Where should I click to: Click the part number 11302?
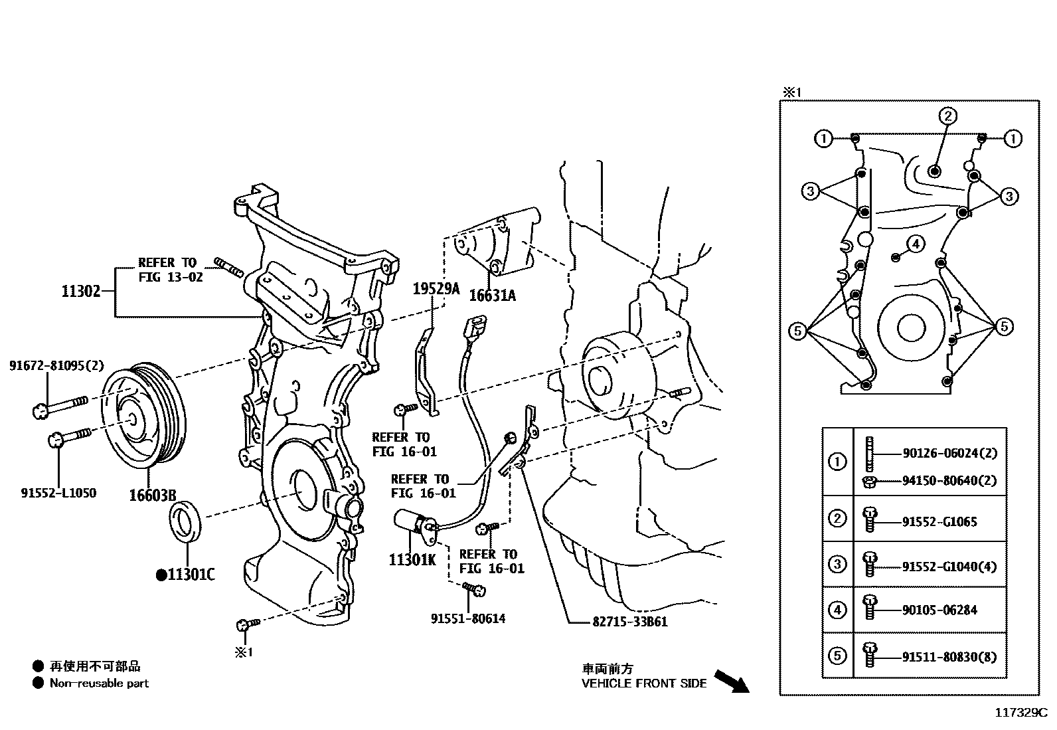pos(81,291)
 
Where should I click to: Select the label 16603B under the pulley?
pos(152,496)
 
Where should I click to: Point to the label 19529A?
pos(436,288)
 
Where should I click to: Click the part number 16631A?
pos(492,296)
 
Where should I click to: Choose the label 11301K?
pos(412,560)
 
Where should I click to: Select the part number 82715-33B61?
pos(629,622)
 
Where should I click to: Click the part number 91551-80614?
pos(468,619)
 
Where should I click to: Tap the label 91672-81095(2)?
pos(57,365)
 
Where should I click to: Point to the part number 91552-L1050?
pos(58,493)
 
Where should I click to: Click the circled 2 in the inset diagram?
pos(947,116)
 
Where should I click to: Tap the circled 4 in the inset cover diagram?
pos(915,244)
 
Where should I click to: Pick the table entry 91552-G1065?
pos(939,522)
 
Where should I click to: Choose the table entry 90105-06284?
pos(939,610)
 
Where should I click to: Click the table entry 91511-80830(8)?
pos(949,657)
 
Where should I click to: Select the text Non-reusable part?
pos(100,684)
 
